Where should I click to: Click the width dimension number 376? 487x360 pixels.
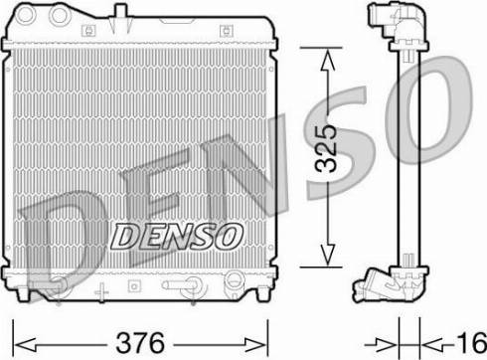pos(139,341)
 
